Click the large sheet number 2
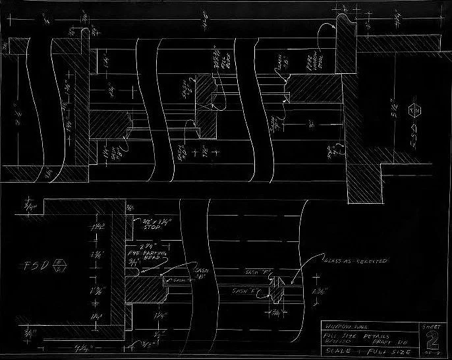point(432,342)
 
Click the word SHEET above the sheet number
point(431,326)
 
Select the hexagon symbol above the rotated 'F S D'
point(414,109)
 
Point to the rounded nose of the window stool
point(342,27)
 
